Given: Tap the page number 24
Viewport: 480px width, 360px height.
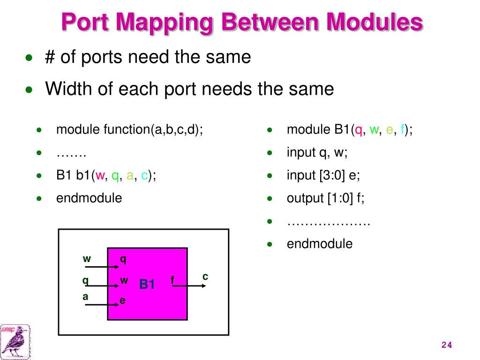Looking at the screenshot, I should coord(446,345).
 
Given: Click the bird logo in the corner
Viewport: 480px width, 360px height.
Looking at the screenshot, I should coord(15,341).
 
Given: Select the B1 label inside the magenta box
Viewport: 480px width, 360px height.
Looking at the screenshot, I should coord(147,285).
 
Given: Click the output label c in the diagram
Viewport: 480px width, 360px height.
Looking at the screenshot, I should coord(205,277).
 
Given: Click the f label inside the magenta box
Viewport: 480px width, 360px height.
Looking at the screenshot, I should coord(172,280).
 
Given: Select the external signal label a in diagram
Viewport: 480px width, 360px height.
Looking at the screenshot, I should coord(85,297).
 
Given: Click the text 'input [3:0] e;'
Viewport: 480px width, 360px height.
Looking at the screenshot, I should coord(323,175).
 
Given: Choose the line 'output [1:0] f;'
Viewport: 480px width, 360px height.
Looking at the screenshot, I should coord(326,198).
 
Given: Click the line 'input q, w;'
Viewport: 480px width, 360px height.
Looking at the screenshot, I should coord(317,152).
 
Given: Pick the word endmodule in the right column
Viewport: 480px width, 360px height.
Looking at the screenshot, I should coord(320,244).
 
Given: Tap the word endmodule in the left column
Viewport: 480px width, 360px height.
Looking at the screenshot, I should coord(89,198).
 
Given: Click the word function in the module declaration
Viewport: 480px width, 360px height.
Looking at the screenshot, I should coord(127,129).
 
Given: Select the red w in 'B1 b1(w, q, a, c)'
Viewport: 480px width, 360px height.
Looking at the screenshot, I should coord(99,176).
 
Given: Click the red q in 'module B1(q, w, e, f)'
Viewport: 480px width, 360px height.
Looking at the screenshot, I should coord(359,130).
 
